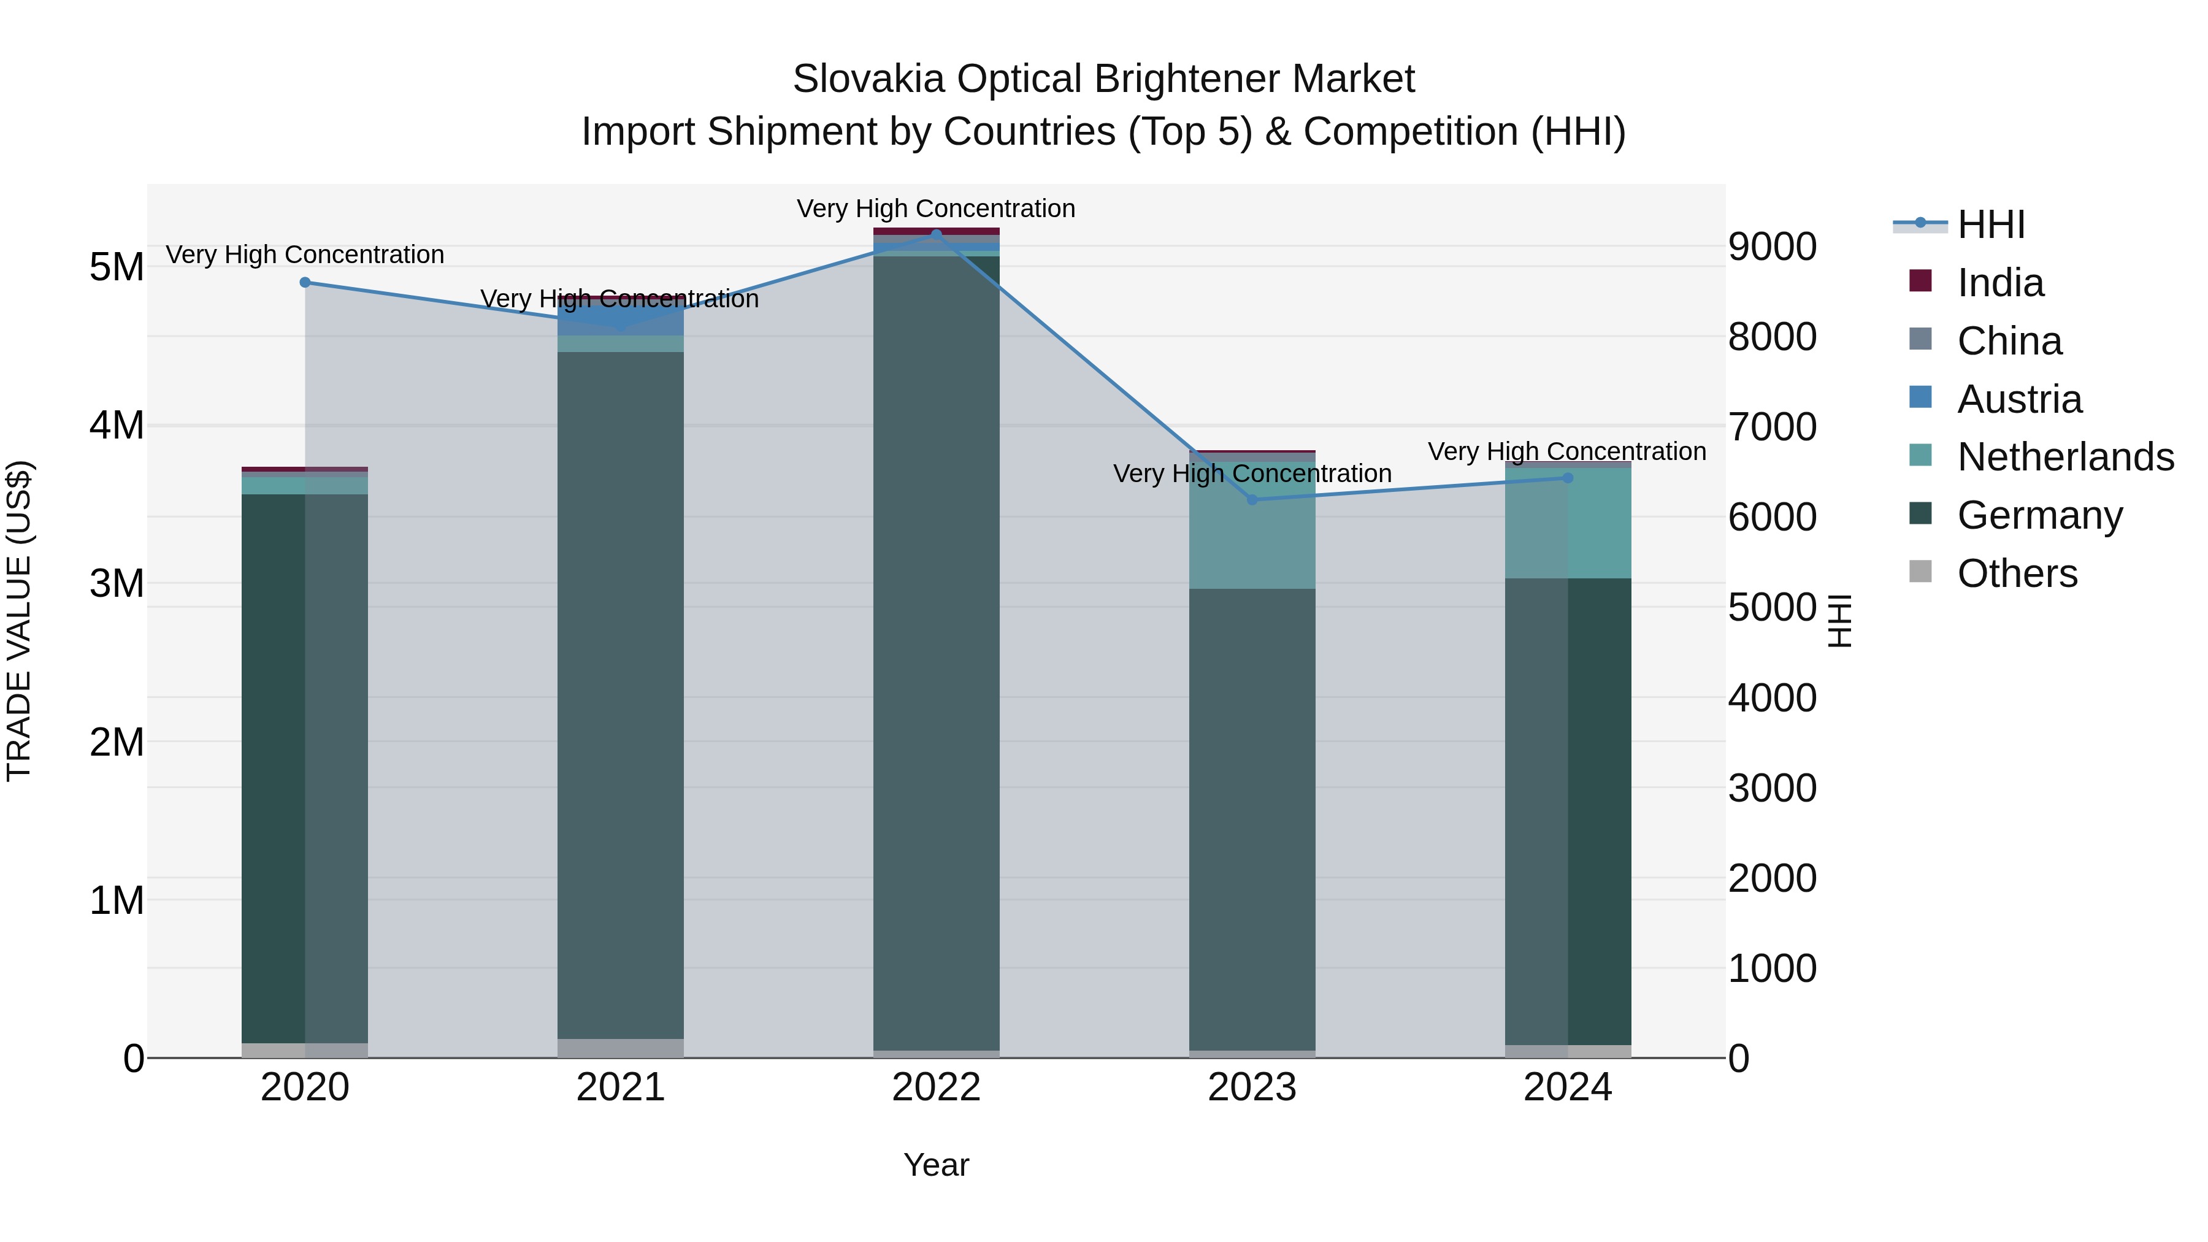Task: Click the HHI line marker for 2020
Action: point(305,282)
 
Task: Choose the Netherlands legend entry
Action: point(2065,457)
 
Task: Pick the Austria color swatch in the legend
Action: point(1921,397)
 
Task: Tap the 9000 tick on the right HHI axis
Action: point(1772,247)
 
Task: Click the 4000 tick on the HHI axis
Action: point(1772,698)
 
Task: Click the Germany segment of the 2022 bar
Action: point(936,651)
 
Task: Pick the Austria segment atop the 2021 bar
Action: point(621,320)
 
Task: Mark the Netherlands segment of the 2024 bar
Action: point(1568,523)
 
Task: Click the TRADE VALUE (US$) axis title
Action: point(19,621)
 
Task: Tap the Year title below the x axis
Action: point(936,1165)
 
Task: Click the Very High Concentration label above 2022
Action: point(935,209)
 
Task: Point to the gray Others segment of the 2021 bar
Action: point(621,1048)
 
